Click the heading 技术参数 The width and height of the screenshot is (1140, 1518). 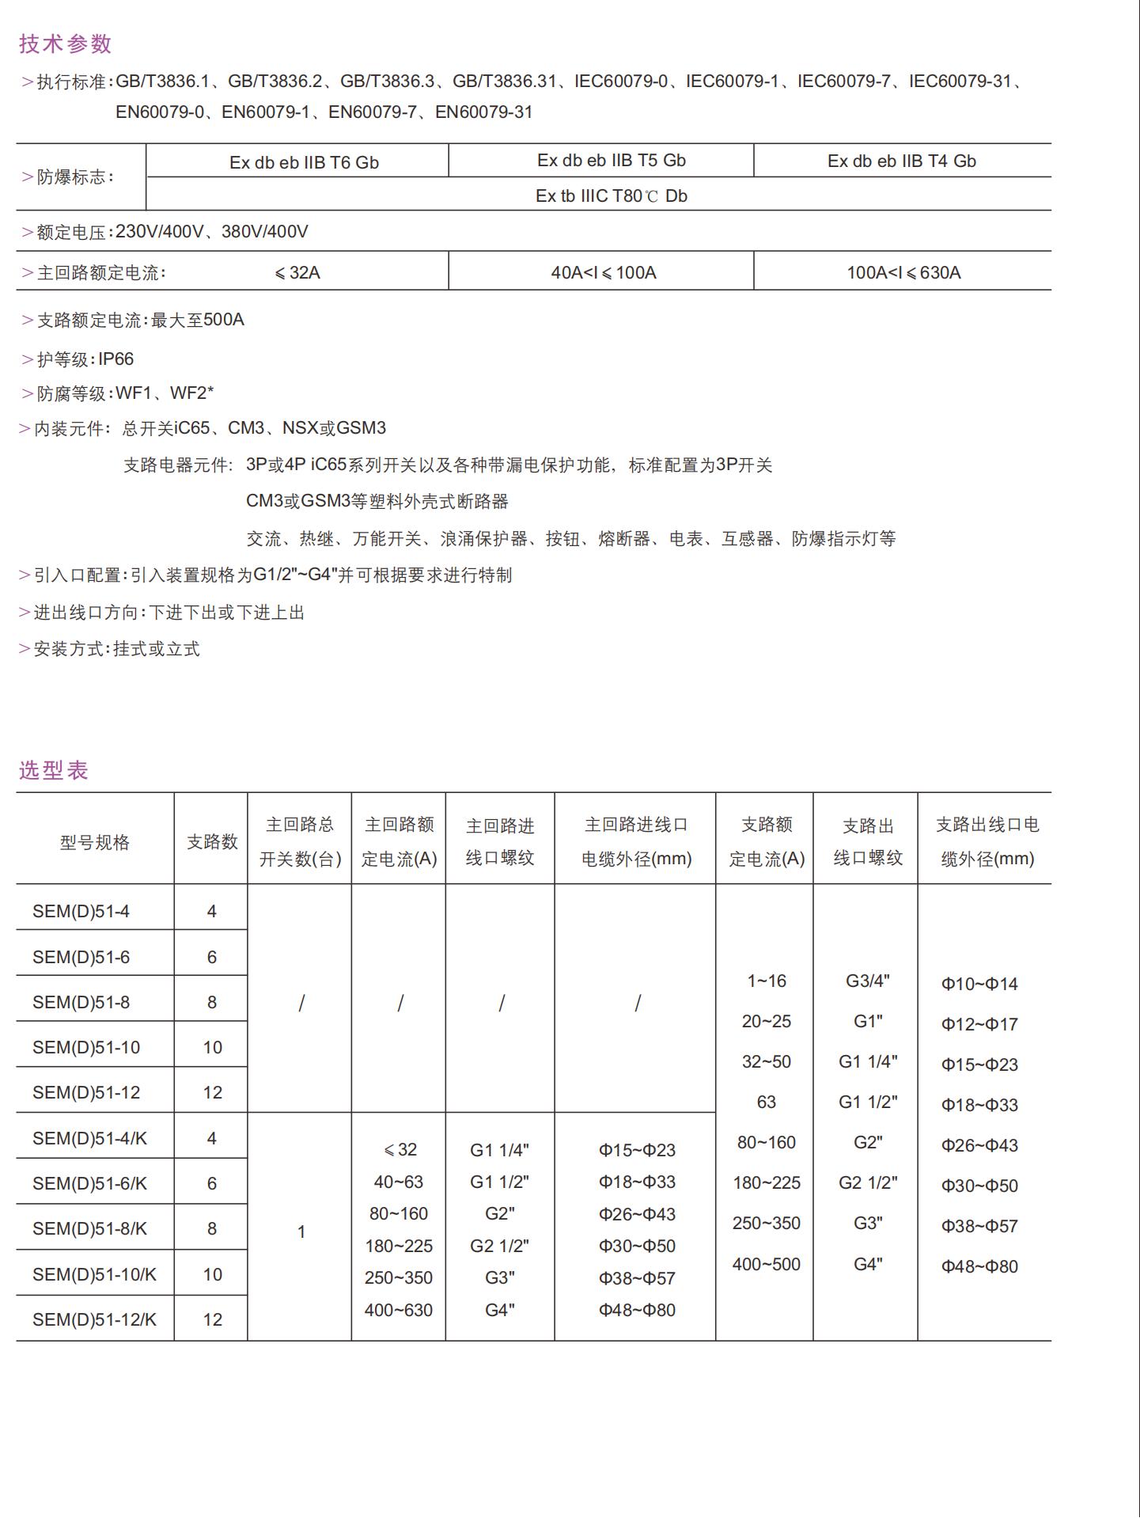pyautogui.click(x=65, y=44)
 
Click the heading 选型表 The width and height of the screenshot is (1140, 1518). pyautogui.click(x=53, y=770)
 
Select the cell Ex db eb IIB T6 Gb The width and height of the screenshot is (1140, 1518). pyautogui.click(x=304, y=162)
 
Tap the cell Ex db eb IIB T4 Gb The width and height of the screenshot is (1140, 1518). pyautogui.click(x=901, y=161)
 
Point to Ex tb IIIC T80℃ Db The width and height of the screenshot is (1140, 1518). pyautogui.click(x=611, y=195)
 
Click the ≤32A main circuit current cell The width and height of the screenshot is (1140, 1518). pyautogui.click(x=297, y=273)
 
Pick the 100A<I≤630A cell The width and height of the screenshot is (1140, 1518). pyautogui.click(x=903, y=273)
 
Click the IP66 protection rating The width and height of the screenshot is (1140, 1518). pyautogui.click(x=116, y=359)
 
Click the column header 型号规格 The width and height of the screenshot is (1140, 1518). pyautogui.click(x=95, y=842)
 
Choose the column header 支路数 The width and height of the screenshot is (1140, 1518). pyautogui.click(x=212, y=842)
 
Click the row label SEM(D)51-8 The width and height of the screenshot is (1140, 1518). pyautogui.click(x=81, y=1002)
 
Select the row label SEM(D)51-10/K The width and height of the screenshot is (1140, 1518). pyautogui.click(x=94, y=1274)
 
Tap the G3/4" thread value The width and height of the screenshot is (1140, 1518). pyautogui.click(x=867, y=981)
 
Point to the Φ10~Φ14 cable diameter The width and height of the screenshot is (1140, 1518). pyautogui.click(x=979, y=984)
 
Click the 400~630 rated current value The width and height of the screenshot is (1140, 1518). pyautogui.click(x=398, y=1310)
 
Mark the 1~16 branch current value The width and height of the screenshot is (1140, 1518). pyautogui.click(x=766, y=981)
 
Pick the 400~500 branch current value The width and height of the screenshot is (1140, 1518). pyautogui.click(x=766, y=1264)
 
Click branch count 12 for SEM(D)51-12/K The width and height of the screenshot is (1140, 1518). pyautogui.click(x=212, y=1319)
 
